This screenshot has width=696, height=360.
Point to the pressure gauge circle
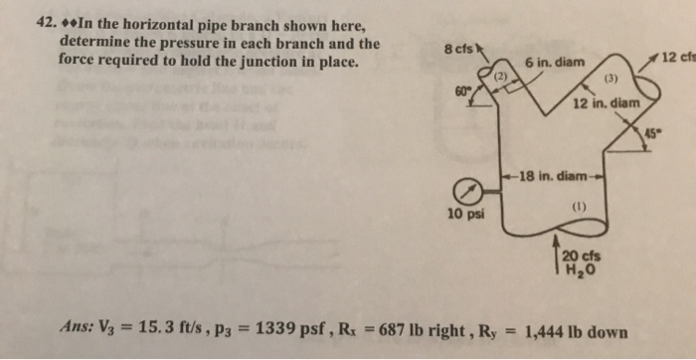469,192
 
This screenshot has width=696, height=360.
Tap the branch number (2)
500,76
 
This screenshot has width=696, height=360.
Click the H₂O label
577,267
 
